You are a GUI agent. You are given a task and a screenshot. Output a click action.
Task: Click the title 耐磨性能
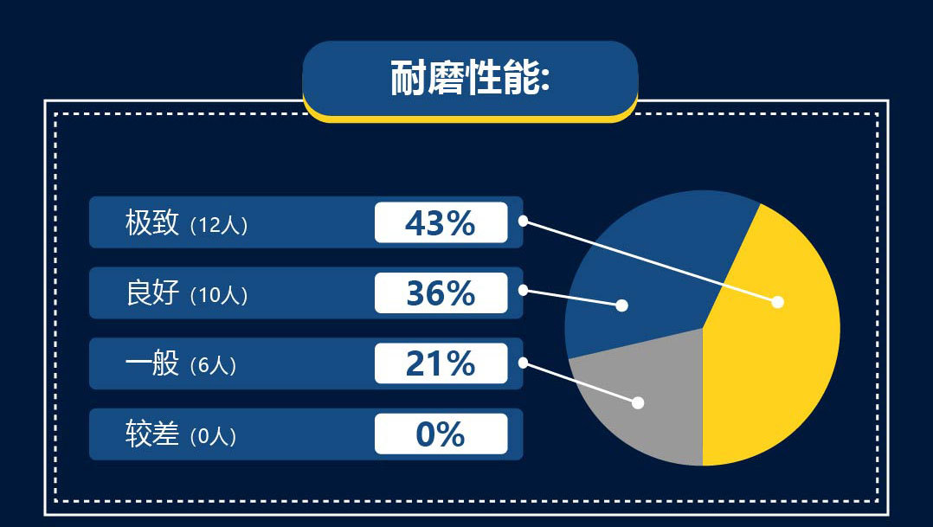[x=470, y=79]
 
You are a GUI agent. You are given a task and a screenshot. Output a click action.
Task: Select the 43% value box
[x=441, y=222]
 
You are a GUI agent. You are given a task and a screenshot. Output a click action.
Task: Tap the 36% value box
[x=441, y=293]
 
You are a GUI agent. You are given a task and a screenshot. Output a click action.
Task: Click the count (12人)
[x=218, y=225]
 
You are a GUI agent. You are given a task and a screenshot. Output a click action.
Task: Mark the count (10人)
[x=218, y=295]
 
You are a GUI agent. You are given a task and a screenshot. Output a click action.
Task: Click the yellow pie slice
[x=779, y=346]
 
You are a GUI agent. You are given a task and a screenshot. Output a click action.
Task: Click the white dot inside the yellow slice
[x=777, y=302]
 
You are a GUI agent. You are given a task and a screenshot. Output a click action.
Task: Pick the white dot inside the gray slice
[x=639, y=402]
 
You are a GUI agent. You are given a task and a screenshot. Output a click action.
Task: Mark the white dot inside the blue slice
[x=621, y=305]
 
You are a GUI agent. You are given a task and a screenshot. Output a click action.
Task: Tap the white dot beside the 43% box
[x=523, y=221]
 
